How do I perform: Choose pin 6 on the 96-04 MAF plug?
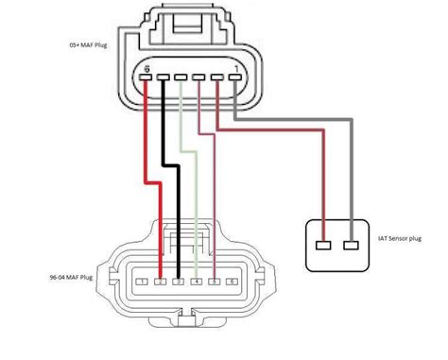pos(232,282)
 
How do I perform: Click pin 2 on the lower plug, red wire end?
pos(161,282)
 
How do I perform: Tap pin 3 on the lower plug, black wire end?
pos(178,282)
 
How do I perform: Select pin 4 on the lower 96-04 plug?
pos(196,282)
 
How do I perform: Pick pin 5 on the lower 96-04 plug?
pos(214,282)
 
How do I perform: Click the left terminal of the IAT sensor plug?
pos(325,245)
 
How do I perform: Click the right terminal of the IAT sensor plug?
pos(353,245)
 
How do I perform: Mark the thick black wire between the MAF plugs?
pos(175,189)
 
